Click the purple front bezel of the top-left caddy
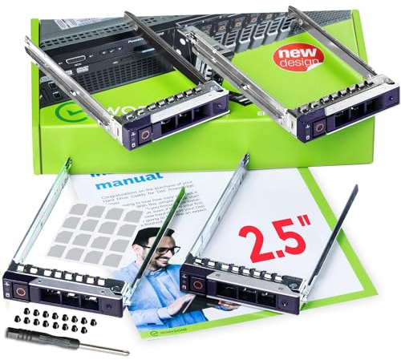[172, 120]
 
